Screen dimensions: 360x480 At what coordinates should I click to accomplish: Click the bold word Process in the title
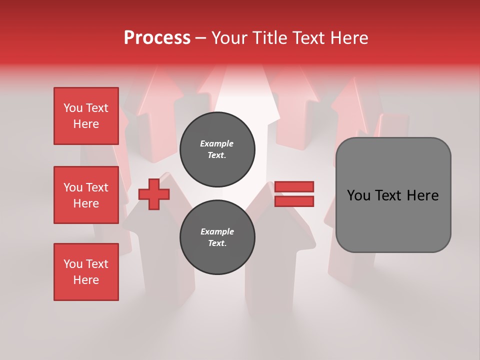pos(157,37)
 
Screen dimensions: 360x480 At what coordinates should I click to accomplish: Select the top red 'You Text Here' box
pos(86,116)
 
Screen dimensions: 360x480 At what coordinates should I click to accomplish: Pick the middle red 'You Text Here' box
pos(86,195)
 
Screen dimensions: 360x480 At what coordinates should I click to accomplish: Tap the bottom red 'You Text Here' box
pos(86,272)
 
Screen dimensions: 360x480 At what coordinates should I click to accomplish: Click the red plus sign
pos(154,194)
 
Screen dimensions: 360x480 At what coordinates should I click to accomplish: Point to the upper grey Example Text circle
pos(217,149)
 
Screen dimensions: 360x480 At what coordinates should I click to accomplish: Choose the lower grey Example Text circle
pos(217,237)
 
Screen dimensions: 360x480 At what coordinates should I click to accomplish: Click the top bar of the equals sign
pos(294,186)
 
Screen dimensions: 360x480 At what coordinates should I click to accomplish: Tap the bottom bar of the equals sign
pos(294,201)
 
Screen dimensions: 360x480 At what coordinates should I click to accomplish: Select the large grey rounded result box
pos(393,220)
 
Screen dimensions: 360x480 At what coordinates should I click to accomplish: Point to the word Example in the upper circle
pos(217,143)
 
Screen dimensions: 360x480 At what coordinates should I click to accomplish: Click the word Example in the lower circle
pos(217,231)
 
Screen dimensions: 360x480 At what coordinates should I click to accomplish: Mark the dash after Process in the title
pos(201,38)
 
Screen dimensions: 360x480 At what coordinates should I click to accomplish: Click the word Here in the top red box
pos(86,124)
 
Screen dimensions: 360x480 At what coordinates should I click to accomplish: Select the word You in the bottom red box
pos(73,264)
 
